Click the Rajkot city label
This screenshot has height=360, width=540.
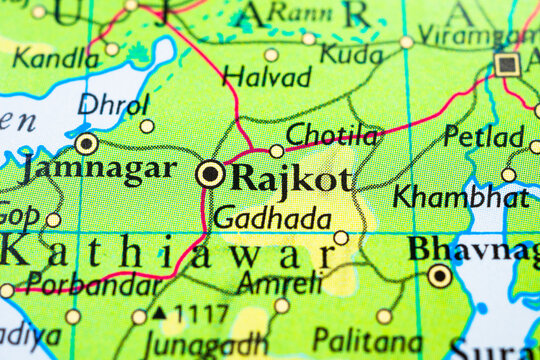pos(291,179)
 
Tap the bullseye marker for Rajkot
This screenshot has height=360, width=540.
pos(210,175)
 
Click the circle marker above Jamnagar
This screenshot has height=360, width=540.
pos(87,144)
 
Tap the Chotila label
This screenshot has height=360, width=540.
pos(332,135)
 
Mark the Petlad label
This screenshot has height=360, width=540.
pos(484,136)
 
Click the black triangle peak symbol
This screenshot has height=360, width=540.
pos(160,313)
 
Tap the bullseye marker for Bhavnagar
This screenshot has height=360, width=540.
pos(439,275)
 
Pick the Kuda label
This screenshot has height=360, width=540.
pos(350,53)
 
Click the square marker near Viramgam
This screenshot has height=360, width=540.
pos(507,65)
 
